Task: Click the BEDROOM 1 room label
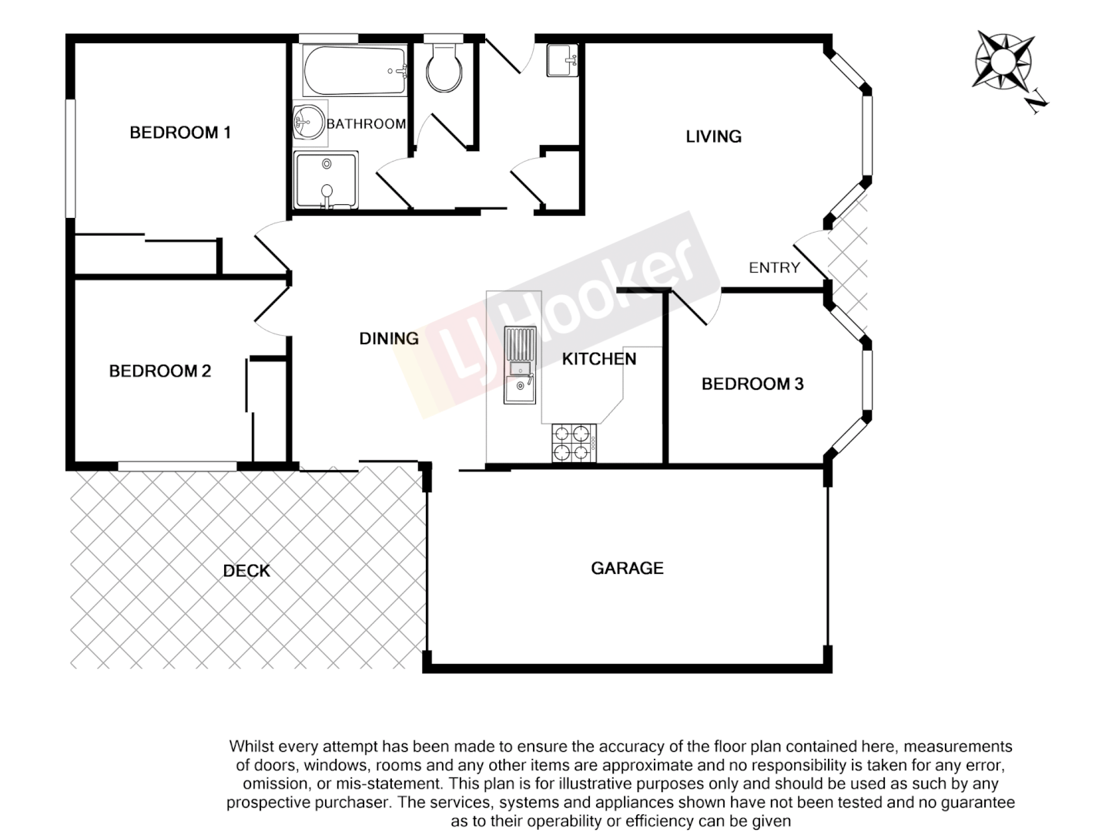click(180, 133)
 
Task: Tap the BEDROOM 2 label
click(160, 371)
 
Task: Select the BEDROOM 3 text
click(752, 384)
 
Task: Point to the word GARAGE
click(627, 569)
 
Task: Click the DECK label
click(246, 571)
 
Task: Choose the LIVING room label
click(713, 137)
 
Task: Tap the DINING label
click(389, 338)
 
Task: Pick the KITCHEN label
click(599, 359)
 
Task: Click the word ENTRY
click(774, 268)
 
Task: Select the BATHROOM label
click(366, 124)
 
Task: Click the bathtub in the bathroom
click(354, 71)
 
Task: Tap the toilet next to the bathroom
click(444, 68)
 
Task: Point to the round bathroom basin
click(309, 122)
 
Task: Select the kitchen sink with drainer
click(520, 365)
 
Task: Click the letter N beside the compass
click(1038, 101)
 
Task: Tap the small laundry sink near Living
click(562, 61)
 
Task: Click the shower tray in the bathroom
click(327, 180)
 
